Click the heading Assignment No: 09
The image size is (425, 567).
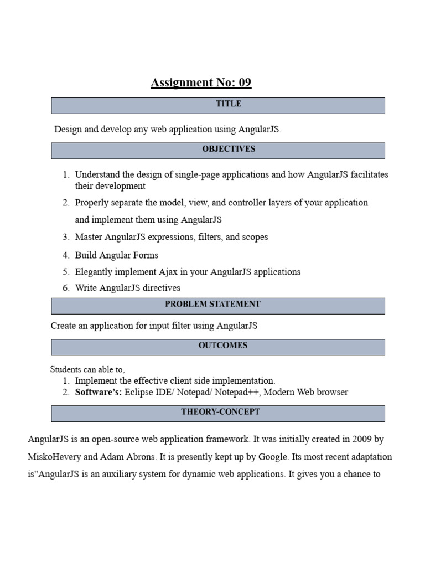pyautogui.click(x=201, y=83)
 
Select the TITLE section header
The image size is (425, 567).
pyautogui.click(x=229, y=104)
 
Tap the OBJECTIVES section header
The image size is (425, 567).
pyautogui.click(x=229, y=149)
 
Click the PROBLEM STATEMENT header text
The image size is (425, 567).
pyautogui.click(x=212, y=304)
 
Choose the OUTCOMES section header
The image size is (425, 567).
pyautogui.click(x=223, y=346)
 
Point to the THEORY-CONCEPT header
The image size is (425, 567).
pyautogui.click(x=220, y=412)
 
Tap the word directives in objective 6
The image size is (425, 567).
pyautogui.click(x=162, y=288)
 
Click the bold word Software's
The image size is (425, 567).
pyautogui.click(x=99, y=392)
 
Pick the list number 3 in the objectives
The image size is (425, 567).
pyautogui.click(x=66, y=237)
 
